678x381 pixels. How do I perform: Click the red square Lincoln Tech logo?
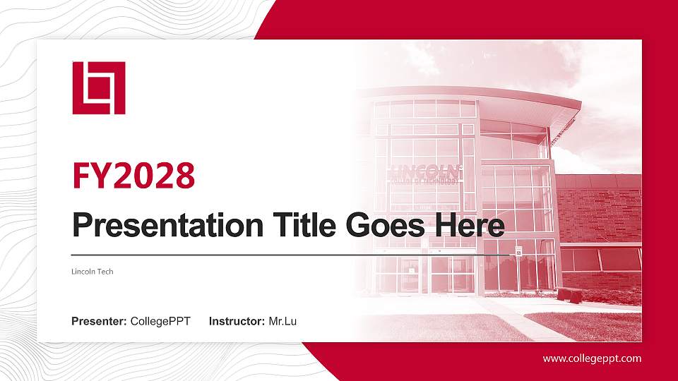coord(99,87)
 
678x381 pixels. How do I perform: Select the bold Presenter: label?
coord(99,322)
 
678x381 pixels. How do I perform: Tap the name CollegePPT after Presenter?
coord(160,322)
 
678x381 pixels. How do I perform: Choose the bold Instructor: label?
coord(237,322)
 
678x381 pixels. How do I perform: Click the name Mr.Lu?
coord(282,322)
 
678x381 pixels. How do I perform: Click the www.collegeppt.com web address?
coord(592,358)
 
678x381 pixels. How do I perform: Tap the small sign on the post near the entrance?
coord(518,251)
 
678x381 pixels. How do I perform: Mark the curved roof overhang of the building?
coord(494,99)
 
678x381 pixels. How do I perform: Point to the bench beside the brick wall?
coord(569,294)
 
